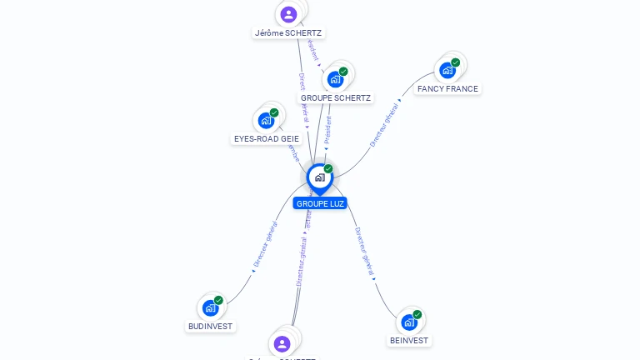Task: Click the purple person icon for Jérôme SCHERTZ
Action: point(288,14)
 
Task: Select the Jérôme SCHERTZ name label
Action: point(288,33)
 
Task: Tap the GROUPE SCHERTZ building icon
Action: point(336,79)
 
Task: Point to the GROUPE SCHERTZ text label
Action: point(336,97)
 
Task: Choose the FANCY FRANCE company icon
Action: point(448,70)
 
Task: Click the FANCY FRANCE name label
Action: point(448,88)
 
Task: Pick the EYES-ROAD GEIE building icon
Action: point(267,120)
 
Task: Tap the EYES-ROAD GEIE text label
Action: point(267,138)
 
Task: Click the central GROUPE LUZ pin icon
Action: point(320,177)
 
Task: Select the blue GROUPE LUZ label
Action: point(320,203)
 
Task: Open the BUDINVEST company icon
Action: point(211,307)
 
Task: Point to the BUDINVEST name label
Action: point(211,326)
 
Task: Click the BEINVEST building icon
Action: point(409,322)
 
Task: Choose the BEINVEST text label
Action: point(409,340)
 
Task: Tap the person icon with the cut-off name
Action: point(282,343)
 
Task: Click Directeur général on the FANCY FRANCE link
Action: point(385,123)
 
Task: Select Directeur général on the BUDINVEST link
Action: point(266,244)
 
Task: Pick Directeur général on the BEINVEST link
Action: point(364,252)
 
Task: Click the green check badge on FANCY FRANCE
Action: point(456,62)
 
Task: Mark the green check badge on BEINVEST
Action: point(417,314)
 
